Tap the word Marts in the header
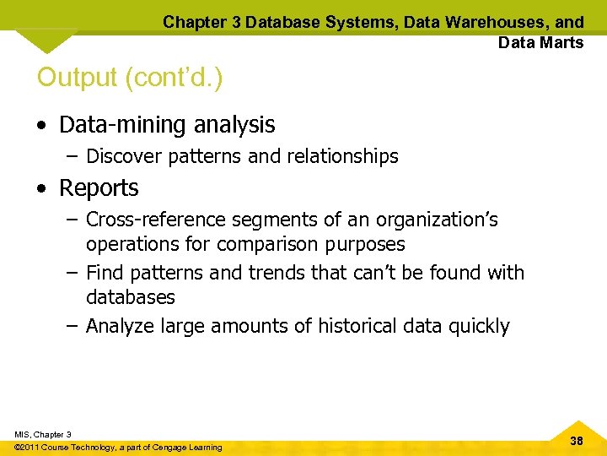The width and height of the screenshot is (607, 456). (x=561, y=42)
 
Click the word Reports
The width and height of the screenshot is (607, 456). (x=99, y=187)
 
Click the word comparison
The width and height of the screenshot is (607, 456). (x=266, y=245)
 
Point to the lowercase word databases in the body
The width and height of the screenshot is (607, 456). (x=131, y=297)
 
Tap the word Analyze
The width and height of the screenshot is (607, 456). (x=122, y=326)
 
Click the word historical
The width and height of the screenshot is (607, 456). (x=360, y=326)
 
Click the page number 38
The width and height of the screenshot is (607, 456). (x=577, y=441)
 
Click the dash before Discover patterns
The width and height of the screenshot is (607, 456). (x=73, y=156)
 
